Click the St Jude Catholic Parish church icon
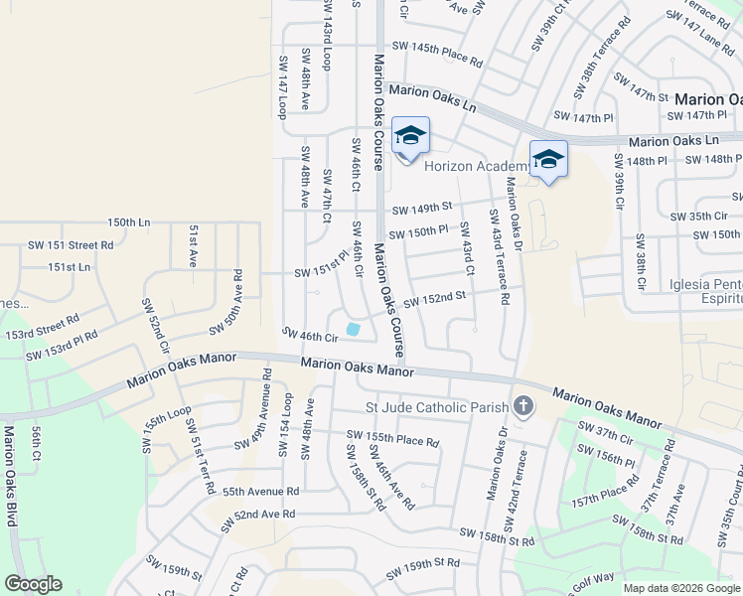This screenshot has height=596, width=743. click(522, 406)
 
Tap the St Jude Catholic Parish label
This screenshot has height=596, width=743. click(438, 406)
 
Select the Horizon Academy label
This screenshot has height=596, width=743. click(475, 167)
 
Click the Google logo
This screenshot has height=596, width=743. click(33, 584)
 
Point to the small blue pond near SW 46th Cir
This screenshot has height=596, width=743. click(353, 329)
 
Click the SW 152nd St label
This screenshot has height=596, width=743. click(434, 299)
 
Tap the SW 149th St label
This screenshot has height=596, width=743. click(421, 209)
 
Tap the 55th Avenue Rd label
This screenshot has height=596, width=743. click(260, 492)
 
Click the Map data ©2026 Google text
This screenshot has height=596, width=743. click(680, 588)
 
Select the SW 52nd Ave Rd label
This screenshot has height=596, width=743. click(250, 515)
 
